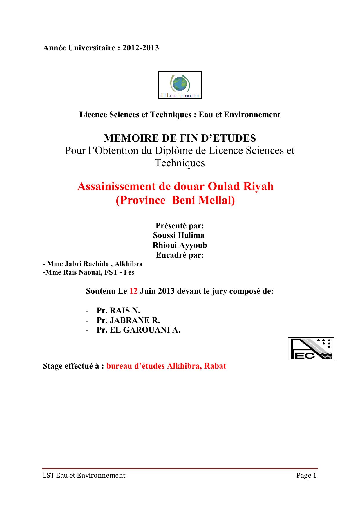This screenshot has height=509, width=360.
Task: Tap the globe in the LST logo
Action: coord(177,83)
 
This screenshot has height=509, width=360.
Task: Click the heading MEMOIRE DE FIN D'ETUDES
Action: coord(180,138)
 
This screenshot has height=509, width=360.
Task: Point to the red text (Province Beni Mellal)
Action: coord(175,200)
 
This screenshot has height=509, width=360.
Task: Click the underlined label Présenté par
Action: coord(178,226)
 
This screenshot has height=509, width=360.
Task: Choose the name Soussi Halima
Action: coord(179,235)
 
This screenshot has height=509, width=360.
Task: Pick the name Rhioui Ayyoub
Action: coord(180,245)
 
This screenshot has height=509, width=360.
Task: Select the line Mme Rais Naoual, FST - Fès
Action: coord(88,272)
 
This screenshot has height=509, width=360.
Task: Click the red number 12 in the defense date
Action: coord(133,291)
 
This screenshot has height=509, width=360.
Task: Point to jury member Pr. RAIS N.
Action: coord(118,311)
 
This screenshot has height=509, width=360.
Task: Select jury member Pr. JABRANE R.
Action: coord(128,320)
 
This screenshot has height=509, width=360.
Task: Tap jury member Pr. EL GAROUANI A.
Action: coord(138,330)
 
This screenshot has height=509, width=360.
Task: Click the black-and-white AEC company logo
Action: coord(311,349)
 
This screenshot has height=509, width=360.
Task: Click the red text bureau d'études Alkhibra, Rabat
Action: coord(166,366)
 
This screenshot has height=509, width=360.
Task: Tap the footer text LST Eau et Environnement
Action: coord(84,475)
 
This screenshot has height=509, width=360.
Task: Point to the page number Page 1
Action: coord(306,475)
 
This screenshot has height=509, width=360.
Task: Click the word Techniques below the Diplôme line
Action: coord(180,163)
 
